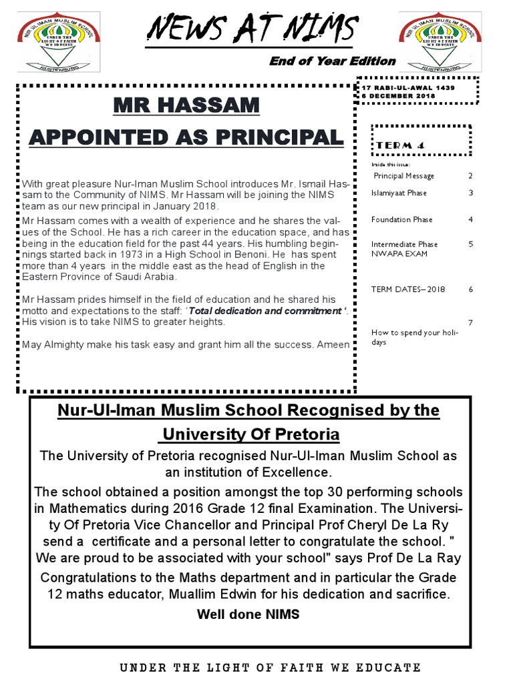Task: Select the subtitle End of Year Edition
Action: tap(332, 61)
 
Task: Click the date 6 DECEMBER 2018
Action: tap(398, 96)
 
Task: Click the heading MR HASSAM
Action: tap(185, 105)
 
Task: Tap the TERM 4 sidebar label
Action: tap(401, 145)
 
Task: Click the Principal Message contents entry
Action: tap(403, 176)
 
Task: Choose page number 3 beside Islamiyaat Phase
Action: tap(470, 193)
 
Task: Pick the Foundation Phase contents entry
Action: tap(401, 219)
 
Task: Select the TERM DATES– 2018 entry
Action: tap(407, 289)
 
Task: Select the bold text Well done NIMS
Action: tap(248, 614)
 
